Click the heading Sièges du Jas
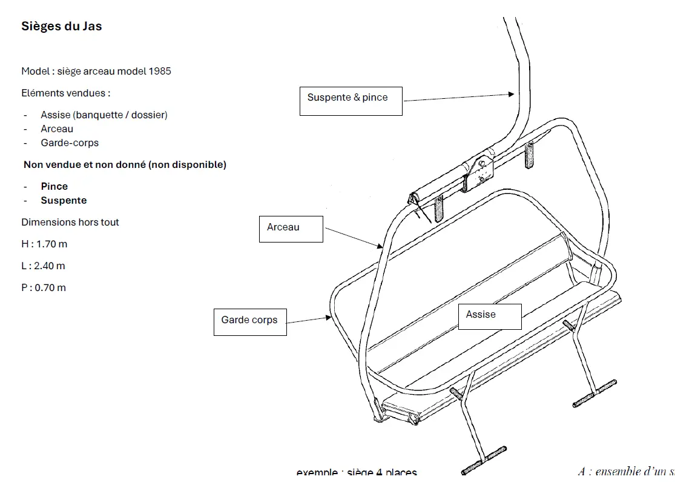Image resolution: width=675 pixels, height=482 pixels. (62, 26)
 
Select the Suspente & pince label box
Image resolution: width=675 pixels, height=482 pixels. (351, 100)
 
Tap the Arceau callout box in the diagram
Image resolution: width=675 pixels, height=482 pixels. (291, 229)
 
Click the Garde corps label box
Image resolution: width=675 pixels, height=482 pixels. (249, 321)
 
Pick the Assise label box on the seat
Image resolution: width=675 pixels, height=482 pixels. (489, 316)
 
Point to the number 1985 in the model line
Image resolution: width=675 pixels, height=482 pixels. (160, 71)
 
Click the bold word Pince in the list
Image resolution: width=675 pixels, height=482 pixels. (54, 186)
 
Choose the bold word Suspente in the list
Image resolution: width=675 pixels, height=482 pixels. (64, 200)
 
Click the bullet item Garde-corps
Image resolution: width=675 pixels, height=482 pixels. (70, 143)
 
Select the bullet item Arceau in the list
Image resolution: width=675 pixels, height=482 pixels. (57, 129)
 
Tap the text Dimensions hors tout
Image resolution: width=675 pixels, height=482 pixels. (70, 222)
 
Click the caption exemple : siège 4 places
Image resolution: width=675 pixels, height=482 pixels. (357, 473)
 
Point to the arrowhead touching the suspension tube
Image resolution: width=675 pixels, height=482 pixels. (511, 94)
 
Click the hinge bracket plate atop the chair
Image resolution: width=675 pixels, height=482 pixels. (482, 172)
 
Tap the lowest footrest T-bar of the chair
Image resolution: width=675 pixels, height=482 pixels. (484, 460)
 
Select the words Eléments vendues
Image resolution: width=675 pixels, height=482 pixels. (66, 93)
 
